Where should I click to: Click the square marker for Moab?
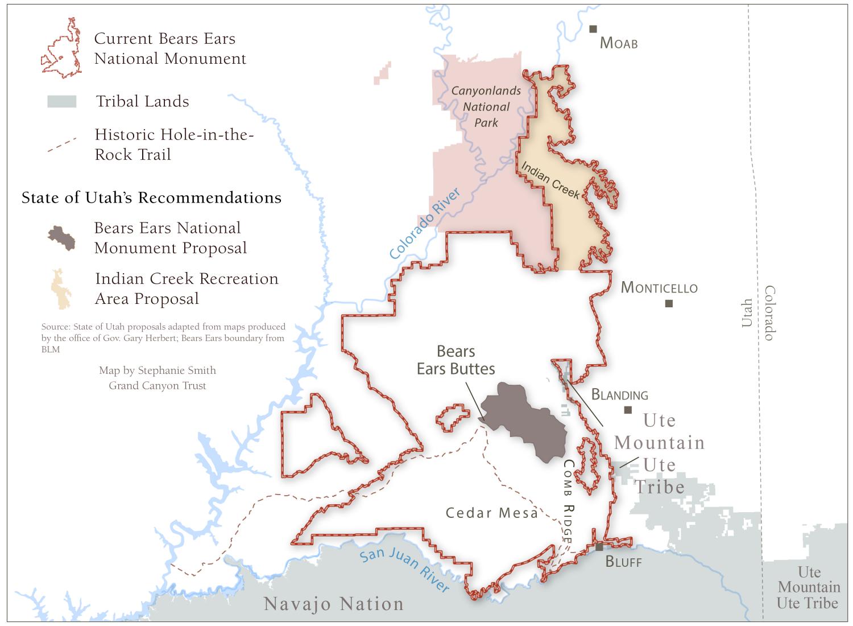(x=593, y=29)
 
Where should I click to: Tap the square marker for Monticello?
(x=669, y=303)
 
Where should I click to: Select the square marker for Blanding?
(x=628, y=410)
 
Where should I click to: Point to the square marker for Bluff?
(x=599, y=547)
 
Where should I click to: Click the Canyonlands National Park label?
(x=486, y=106)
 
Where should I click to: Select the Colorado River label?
(x=425, y=224)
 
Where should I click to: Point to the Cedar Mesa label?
(x=491, y=513)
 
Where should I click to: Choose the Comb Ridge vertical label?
(x=568, y=501)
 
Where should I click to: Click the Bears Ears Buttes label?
(x=456, y=360)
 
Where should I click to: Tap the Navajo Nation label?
(x=334, y=604)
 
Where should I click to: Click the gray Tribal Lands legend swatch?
(x=62, y=102)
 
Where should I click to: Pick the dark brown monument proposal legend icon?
(x=62, y=238)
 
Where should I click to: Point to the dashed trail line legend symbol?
(x=62, y=145)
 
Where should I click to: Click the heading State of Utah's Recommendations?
(x=151, y=198)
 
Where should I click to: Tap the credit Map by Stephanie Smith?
(x=158, y=370)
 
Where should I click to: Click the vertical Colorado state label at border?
(x=769, y=313)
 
